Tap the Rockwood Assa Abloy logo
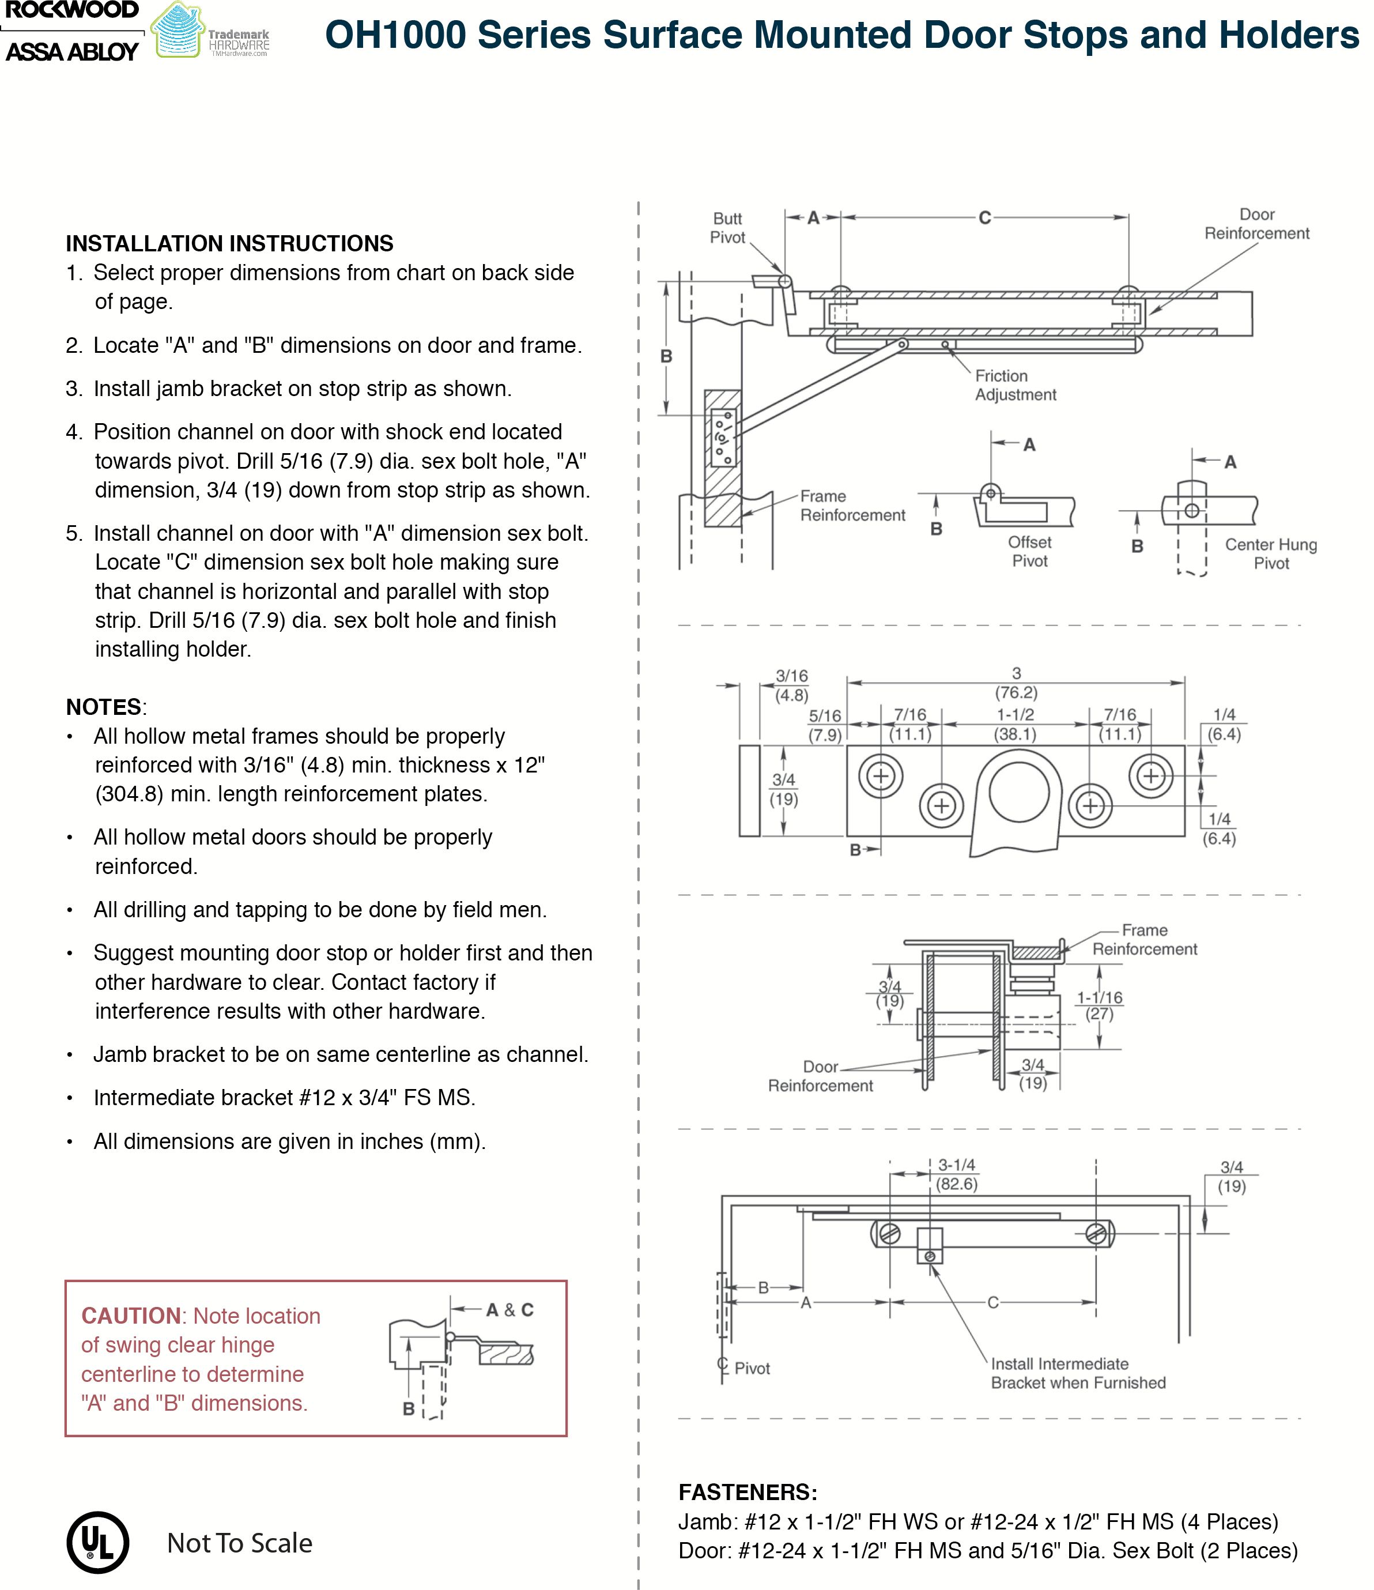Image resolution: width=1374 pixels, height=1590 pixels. [x=72, y=32]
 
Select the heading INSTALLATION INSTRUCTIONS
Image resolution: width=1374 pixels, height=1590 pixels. [x=229, y=243]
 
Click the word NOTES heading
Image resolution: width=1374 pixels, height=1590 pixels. [x=104, y=707]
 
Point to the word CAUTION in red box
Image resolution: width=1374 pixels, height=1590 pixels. [x=130, y=1316]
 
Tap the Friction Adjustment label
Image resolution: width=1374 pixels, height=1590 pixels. [x=1015, y=385]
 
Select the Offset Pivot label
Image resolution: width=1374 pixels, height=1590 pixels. [x=1029, y=552]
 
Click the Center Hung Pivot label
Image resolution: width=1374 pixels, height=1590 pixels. [x=1270, y=554]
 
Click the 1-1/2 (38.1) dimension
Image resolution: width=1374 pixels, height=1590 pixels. [x=1015, y=725]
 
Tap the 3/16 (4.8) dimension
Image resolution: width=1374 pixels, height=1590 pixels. [x=791, y=686]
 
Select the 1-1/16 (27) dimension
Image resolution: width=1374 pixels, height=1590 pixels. [x=1099, y=1005]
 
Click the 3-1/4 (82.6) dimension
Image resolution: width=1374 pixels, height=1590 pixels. [x=956, y=1175]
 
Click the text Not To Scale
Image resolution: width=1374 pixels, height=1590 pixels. [x=239, y=1543]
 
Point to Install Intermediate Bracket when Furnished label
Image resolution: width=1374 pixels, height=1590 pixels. [x=1077, y=1374]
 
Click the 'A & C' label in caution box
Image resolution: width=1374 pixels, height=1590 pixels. [x=509, y=1310]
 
